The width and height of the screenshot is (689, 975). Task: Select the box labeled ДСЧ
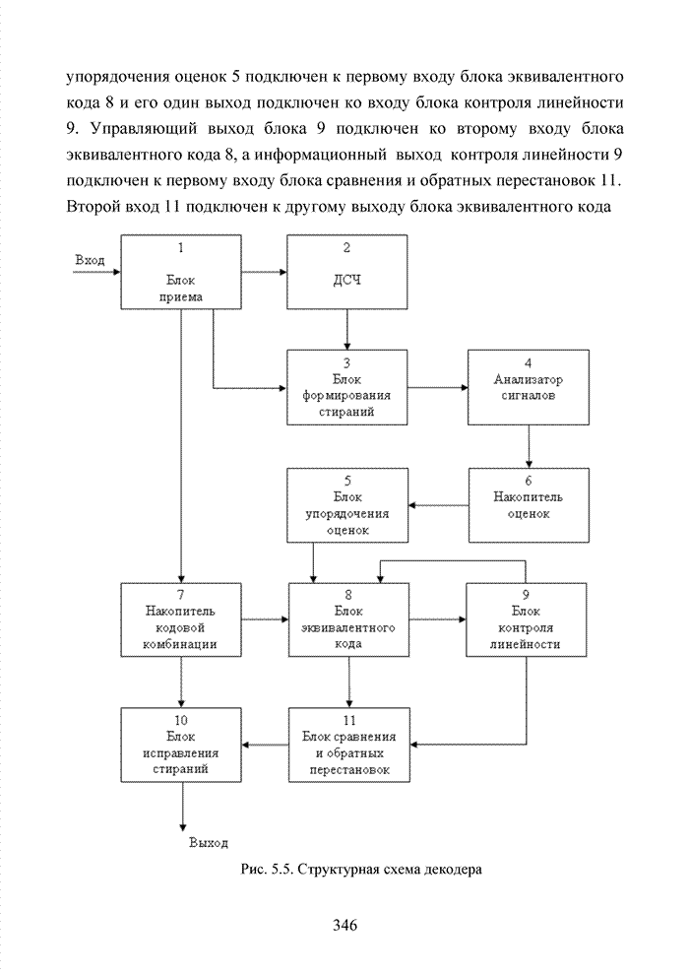coord(346,271)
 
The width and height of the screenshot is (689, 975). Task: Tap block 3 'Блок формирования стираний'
coord(346,387)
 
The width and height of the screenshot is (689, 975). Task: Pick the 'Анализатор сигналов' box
coord(529,387)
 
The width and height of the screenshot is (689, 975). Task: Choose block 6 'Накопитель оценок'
coord(529,503)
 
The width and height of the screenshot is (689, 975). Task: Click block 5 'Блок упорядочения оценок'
coord(346,503)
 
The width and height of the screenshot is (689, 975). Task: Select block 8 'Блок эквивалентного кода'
coord(346,619)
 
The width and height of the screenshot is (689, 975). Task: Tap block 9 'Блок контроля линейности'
coord(529,619)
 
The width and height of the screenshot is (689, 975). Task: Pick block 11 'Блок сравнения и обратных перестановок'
coord(346,744)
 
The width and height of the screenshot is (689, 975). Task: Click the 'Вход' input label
coord(91,260)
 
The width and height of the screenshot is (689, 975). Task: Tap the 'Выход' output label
coord(208,843)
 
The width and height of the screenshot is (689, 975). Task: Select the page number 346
coord(344,925)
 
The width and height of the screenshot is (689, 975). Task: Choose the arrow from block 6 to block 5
coord(438,506)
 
